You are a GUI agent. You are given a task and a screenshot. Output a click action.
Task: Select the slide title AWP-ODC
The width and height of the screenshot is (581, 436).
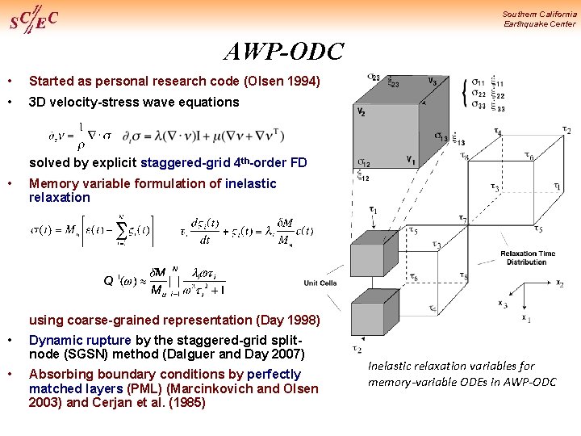click(283, 53)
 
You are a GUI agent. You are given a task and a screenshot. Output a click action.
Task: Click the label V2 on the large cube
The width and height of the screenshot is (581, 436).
click(361, 112)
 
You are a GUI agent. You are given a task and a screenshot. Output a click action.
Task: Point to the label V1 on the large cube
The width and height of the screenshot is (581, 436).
click(411, 158)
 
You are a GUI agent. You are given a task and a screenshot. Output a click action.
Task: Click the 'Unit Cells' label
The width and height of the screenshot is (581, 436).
click(320, 283)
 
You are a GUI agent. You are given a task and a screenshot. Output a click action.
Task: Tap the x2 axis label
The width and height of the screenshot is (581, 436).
click(559, 283)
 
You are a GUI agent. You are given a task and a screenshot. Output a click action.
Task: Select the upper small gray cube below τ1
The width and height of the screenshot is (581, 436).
click(367, 255)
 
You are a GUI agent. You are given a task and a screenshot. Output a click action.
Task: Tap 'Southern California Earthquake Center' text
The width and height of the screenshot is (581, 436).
click(539, 19)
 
